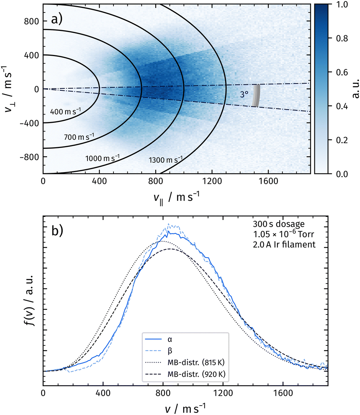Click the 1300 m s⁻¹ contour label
(165, 160)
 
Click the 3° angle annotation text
(246, 95)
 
